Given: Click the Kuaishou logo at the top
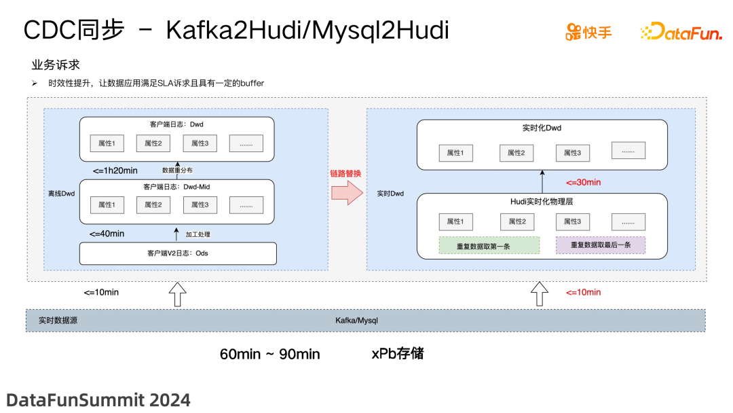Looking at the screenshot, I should [x=588, y=31].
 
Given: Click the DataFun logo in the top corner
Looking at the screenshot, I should [x=680, y=31].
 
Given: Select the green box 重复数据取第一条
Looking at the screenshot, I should [x=489, y=246].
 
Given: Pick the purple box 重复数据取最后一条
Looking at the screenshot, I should [x=601, y=246].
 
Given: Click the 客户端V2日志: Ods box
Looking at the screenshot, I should [x=178, y=253].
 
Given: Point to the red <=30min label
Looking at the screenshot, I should [x=583, y=182].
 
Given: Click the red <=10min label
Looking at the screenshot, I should [x=583, y=292].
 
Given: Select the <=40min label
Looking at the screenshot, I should [x=107, y=234].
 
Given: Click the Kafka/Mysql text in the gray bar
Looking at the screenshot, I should [x=356, y=320].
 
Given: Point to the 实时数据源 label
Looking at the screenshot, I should [x=58, y=320].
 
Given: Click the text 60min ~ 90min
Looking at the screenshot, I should [x=269, y=354].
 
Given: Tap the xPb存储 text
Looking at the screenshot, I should [x=398, y=354].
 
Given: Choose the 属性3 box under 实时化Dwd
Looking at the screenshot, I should [x=572, y=153].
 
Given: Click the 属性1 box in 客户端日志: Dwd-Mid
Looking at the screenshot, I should [x=107, y=204].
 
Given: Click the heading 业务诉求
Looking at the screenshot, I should [x=56, y=65].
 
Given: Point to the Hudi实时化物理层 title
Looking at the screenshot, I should [x=542, y=202].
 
